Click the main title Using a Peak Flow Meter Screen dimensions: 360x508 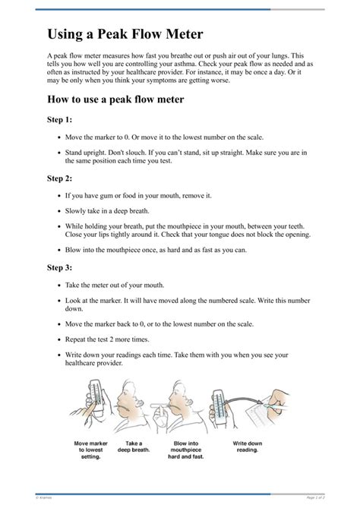(125, 34)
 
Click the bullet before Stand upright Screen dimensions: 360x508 (60, 153)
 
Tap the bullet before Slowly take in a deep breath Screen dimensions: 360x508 (60, 211)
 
